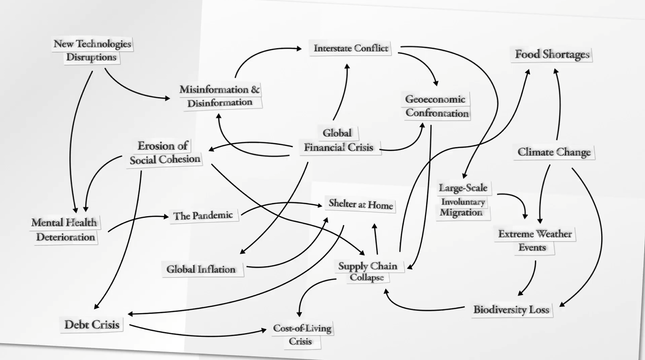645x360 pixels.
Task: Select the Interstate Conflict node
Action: click(351, 49)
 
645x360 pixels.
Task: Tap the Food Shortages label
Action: click(552, 55)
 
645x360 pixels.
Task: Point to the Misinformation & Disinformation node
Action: click(220, 96)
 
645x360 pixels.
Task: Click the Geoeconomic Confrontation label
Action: click(437, 106)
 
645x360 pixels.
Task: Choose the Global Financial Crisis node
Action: click(338, 141)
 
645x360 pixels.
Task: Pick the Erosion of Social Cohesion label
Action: click(165, 153)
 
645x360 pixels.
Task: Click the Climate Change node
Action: click(554, 152)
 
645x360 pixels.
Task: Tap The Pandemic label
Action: click(203, 216)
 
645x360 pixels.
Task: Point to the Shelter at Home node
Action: click(361, 205)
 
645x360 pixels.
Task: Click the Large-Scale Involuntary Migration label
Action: click(464, 200)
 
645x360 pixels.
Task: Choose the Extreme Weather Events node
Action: click(535, 240)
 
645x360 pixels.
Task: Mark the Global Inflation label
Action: click(201, 269)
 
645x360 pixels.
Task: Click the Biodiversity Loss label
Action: click(511, 310)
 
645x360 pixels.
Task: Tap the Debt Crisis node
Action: click(92, 324)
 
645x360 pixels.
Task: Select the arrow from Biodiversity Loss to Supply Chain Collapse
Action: click(423, 309)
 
